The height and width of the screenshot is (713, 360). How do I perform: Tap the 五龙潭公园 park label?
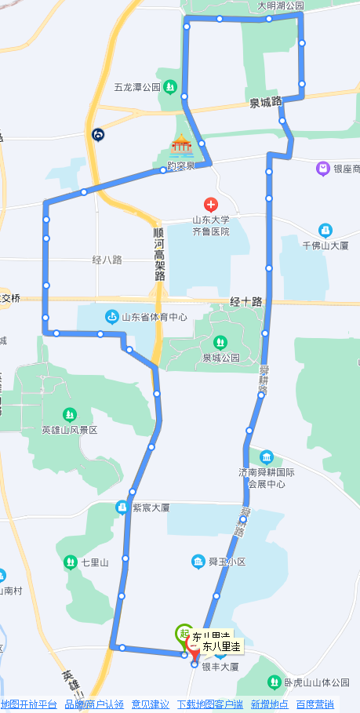tap(137, 87)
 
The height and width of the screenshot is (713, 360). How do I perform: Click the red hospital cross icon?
tap(209, 204)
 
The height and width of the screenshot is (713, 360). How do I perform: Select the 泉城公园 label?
tap(220, 358)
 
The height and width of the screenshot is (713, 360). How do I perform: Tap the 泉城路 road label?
tap(265, 103)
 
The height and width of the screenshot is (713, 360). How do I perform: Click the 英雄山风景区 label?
tap(70, 430)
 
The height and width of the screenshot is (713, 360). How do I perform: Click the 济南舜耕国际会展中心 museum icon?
tap(267, 457)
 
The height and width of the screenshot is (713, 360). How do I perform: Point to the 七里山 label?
tap(94, 562)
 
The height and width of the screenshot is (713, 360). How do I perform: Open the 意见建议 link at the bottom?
tap(150, 704)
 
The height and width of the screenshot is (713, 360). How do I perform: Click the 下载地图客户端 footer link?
tap(209, 704)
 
